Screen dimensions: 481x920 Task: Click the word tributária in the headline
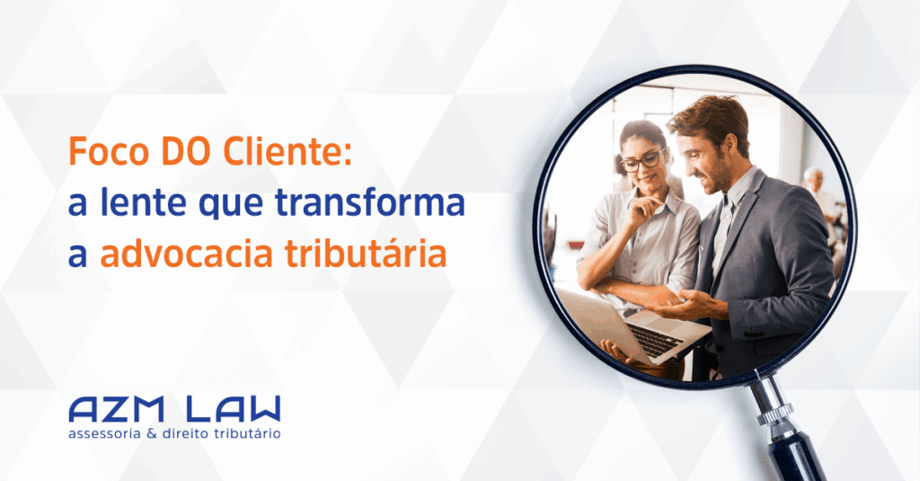point(366,254)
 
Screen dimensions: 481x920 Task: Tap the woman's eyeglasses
point(643,161)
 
